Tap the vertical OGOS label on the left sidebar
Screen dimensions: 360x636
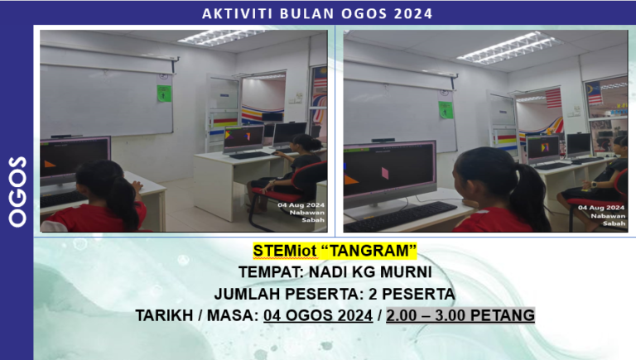17,190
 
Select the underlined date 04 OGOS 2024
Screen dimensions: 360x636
317,314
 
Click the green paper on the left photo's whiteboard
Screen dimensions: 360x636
164,93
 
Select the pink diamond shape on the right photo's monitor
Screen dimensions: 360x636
384,172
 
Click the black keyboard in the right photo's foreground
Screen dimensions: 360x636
399,216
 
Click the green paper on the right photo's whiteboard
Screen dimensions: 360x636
446,109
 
